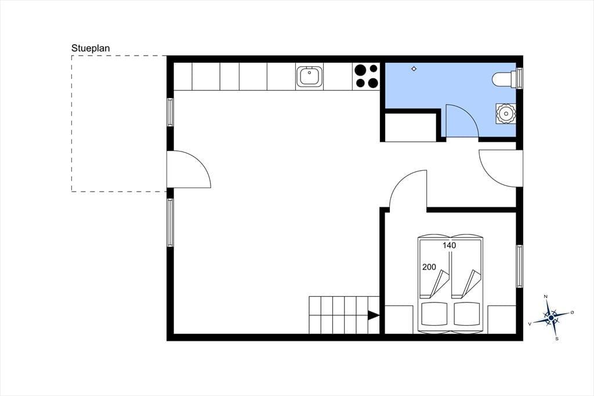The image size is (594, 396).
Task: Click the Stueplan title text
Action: point(90,49)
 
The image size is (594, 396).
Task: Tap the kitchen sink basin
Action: point(310,77)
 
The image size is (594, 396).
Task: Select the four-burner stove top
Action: point(367,76)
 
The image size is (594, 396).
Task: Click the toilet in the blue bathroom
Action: point(504,80)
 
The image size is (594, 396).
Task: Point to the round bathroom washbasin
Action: point(506,113)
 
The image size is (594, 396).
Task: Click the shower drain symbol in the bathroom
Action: point(414,69)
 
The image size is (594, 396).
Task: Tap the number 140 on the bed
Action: point(450,246)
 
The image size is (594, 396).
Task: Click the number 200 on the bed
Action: point(429,267)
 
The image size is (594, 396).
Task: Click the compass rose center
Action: point(551,317)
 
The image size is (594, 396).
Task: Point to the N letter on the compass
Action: point(545,296)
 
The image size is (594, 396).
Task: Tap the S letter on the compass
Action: point(556,339)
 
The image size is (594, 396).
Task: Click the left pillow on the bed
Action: point(434,314)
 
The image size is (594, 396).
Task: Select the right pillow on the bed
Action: point(467,314)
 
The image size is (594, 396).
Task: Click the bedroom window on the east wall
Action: point(519,266)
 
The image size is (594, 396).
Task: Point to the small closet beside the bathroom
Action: point(411,127)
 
